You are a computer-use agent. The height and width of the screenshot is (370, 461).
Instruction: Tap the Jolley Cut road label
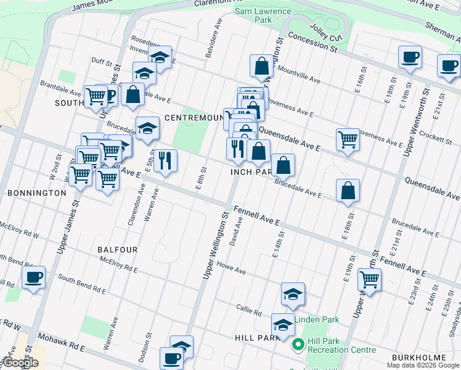click(x=325, y=30)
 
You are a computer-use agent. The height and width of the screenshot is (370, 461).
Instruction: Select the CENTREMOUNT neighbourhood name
click(x=194, y=117)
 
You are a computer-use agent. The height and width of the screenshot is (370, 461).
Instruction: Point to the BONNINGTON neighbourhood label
click(x=36, y=193)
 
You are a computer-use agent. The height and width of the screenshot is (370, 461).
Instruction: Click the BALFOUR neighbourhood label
click(x=117, y=250)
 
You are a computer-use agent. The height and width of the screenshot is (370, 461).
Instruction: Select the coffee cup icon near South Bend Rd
click(x=34, y=277)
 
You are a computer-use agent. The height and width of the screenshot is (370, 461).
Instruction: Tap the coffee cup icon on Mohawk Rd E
click(x=171, y=358)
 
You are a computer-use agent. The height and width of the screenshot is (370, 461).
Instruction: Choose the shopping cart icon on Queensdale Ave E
click(x=348, y=139)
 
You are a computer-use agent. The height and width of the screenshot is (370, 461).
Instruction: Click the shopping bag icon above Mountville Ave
click(x=261, y=66)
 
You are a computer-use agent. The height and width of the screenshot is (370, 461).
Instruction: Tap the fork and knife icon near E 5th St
click(x=165, y=160)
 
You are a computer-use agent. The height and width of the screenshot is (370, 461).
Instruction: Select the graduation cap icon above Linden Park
click(x=293, y=294)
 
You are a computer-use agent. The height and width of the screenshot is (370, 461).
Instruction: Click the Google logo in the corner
click(x=20, y=363)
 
